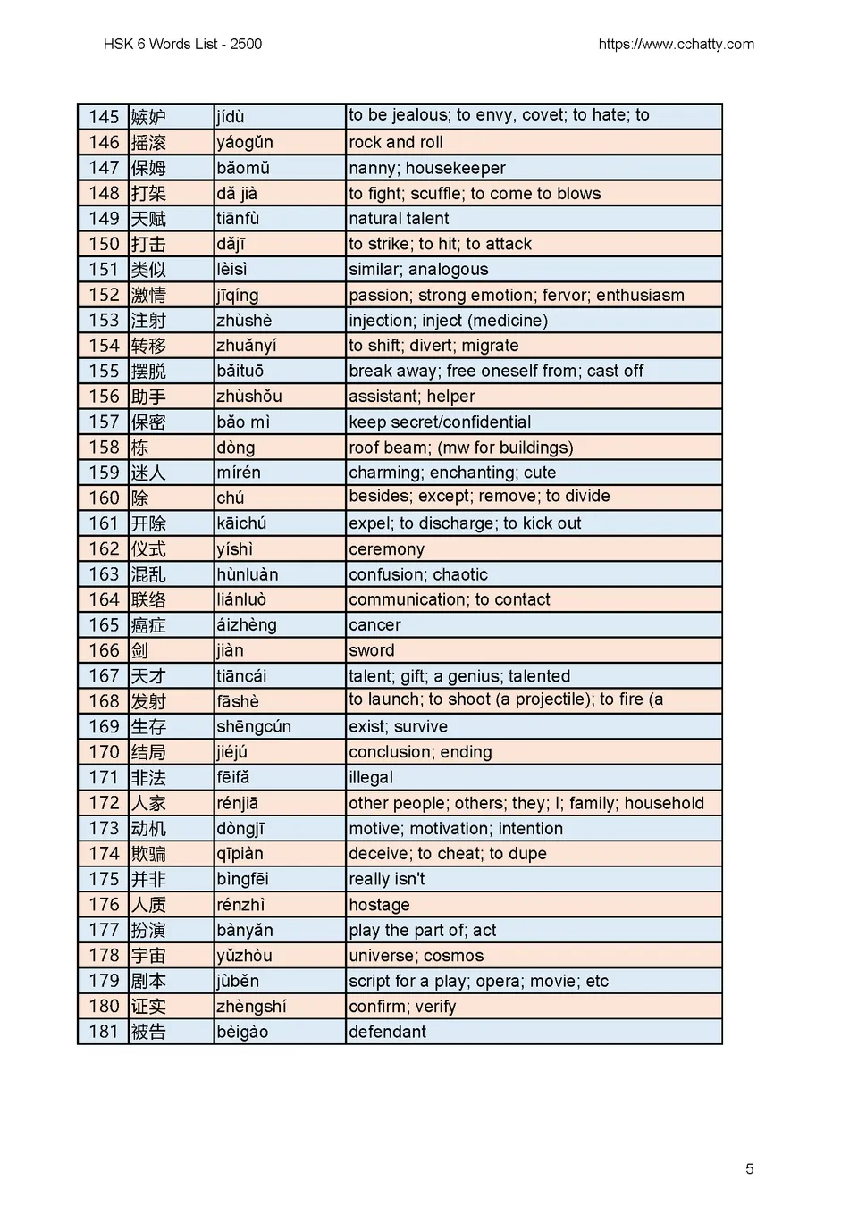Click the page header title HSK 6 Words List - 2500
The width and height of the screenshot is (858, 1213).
point(182,44)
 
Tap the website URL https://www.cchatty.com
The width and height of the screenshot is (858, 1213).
point(676,44)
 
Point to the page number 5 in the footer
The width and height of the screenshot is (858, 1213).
point(749,1168)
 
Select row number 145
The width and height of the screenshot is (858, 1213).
point(104,117)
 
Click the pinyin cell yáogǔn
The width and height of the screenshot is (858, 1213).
point(245,142)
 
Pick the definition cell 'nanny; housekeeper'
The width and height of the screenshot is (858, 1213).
point(427,168)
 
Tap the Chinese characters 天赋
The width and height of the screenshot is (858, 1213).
point(148,219)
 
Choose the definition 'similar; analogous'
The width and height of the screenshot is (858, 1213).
point(418,270)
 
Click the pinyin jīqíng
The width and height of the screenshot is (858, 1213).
point(238,295)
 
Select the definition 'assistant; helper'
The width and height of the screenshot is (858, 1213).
point(412,397)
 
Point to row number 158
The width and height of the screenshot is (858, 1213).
point(104,448)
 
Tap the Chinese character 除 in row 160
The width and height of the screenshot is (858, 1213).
point(140,498)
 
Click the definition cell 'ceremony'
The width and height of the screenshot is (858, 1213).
point(386,549)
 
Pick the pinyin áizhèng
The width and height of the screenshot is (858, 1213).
point(247,625)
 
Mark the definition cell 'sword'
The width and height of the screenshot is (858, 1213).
point(372,650)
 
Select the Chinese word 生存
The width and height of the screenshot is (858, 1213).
point(148,727)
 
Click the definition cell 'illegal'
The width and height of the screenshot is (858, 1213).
point(371,778)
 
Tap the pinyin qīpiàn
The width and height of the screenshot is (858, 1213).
point(240,854)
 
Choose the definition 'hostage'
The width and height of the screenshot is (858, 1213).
point(379,905)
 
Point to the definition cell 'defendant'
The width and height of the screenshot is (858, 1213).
point(387,1032)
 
